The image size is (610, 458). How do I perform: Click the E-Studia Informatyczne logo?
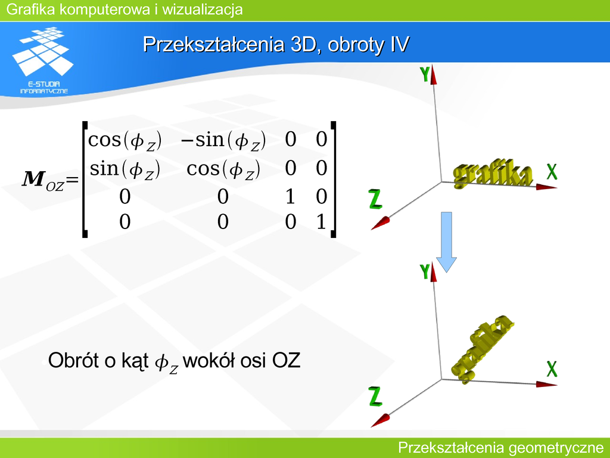(43, 60)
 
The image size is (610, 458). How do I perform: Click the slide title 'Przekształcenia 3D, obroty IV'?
(276, 44)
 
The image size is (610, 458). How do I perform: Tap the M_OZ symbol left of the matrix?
(43, 181)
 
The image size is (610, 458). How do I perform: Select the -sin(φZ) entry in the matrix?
(223, 141)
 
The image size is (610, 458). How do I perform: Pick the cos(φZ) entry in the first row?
(125, 141)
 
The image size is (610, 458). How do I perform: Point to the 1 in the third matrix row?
(290, 197)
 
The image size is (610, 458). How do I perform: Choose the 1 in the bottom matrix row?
(321, 222)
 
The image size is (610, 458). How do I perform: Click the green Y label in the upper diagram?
(425, 74)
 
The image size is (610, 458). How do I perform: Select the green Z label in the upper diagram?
(375, 199)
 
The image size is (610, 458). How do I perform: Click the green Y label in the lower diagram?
(425, 271)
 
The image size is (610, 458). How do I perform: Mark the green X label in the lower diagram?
(552, 369)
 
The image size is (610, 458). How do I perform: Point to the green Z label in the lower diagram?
(375, 397)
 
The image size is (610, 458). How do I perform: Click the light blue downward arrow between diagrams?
(446, 242)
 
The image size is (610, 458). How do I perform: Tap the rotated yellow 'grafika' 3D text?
(481, 348)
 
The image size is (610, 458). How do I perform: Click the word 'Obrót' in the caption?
(73, 360)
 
